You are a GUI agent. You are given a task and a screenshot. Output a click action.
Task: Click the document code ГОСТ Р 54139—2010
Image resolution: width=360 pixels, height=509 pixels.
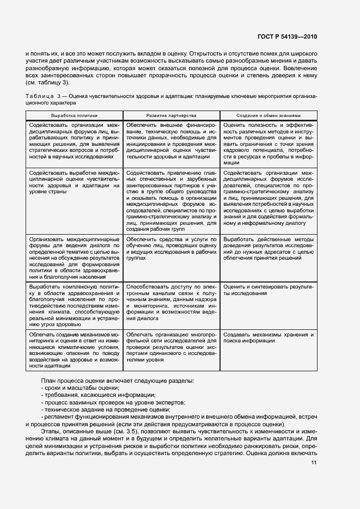point(287,37)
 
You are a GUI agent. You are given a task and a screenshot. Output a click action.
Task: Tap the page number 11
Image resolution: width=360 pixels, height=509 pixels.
point(314,463)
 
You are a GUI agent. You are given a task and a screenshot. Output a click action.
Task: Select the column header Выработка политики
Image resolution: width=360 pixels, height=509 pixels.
point(74,116)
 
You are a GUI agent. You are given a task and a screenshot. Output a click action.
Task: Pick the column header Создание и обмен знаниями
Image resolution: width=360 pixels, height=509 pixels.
point(269,116)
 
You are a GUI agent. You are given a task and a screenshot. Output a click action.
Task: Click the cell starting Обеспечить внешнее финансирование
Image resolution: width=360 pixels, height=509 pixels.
point(171,141)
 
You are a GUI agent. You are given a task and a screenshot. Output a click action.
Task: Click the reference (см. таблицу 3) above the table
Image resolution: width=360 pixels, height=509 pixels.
point(47,83)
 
